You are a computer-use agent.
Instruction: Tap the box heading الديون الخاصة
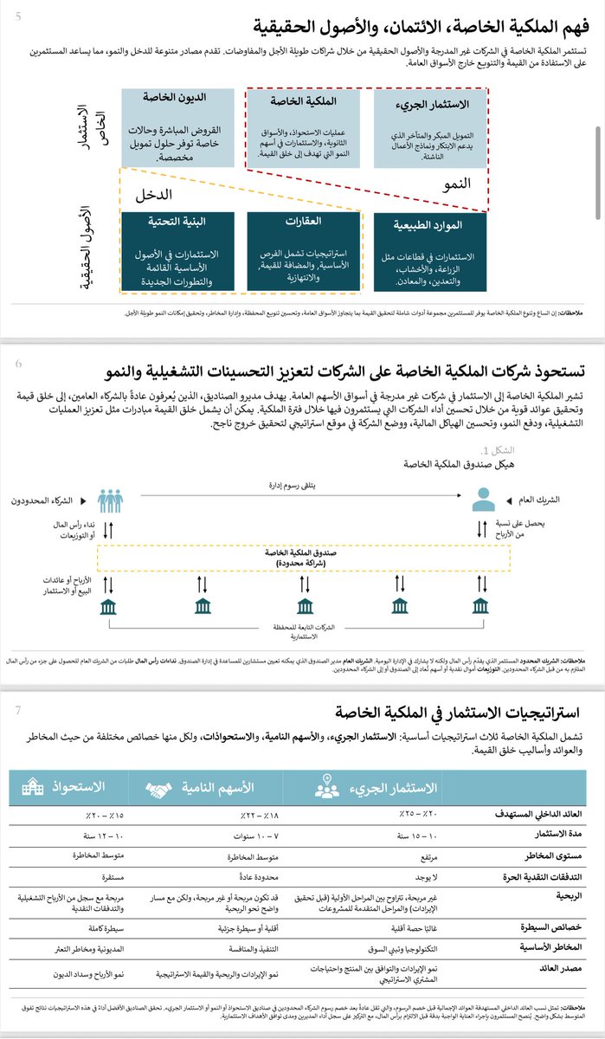click(x=164, y=98)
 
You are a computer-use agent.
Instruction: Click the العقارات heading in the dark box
click(x=298, y=221)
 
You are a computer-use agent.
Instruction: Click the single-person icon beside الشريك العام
click(x=483, y=500)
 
